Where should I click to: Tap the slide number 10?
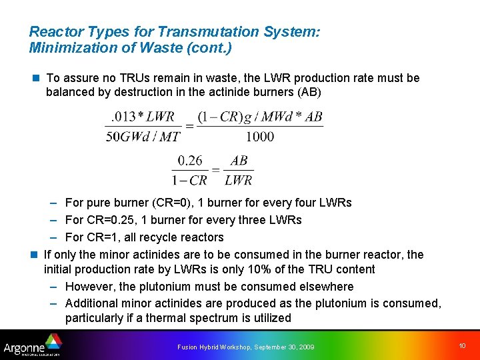coord(463,345)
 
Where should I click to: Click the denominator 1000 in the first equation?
coord(259,137)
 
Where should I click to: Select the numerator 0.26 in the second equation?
coord(190,161)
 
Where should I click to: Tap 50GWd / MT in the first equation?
coord(143,137)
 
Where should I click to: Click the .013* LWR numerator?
coord(143,117)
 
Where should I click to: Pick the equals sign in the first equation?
coord(189,127)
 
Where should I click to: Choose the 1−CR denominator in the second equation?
coord(190,180)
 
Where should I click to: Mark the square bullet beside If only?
coord(34,255)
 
